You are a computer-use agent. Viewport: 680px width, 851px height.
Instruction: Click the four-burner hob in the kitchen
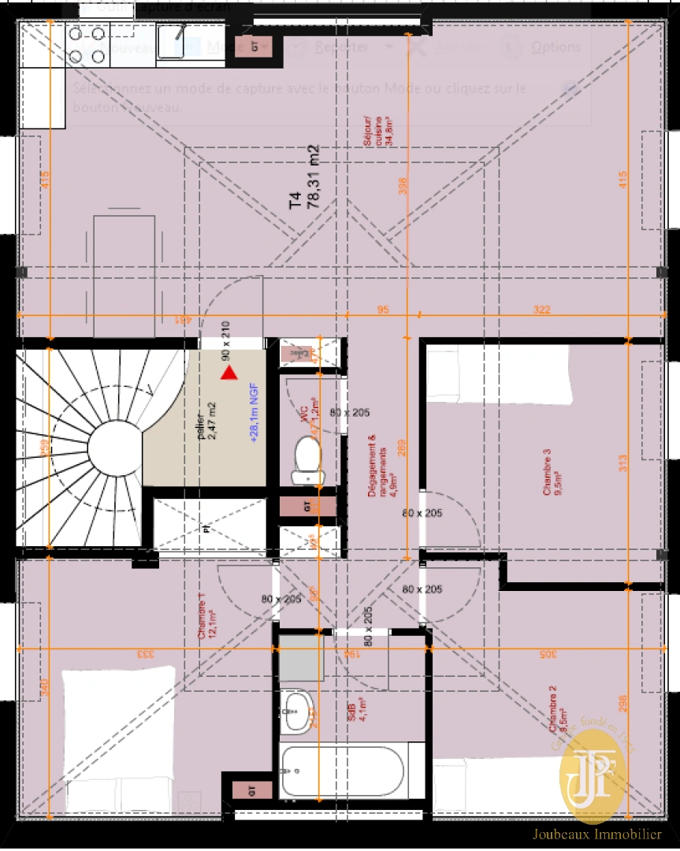pyautogui.click(x=87, y=44)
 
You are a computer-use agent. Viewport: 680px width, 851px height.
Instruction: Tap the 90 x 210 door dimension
pyautogui.click(x=226, y=340)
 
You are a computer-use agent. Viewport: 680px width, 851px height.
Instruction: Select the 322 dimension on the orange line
pyautogui.click(x=541, y=310)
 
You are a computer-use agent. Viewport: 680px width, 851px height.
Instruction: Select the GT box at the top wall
pyautogui.click(x=255, y=46)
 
